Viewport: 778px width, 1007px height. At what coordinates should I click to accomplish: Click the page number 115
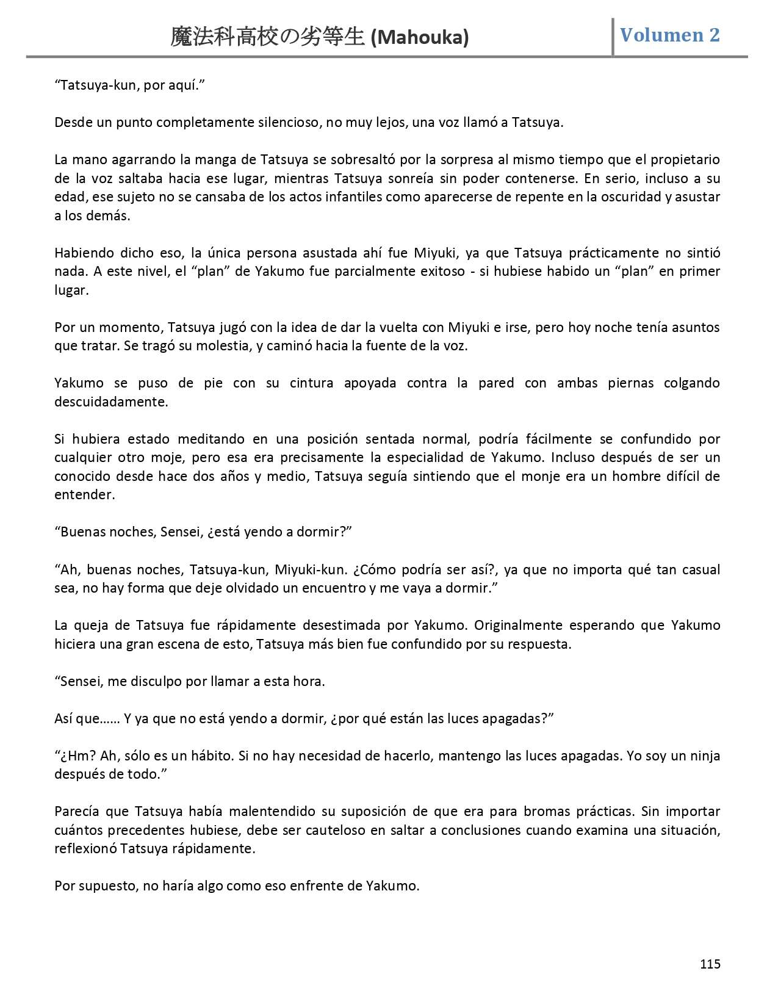tap(710, 964)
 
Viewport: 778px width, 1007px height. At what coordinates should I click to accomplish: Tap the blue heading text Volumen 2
tap(670, 35)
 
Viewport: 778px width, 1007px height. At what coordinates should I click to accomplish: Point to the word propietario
tap(685, 160)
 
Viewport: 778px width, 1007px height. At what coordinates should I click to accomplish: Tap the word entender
tap(84, 495)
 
